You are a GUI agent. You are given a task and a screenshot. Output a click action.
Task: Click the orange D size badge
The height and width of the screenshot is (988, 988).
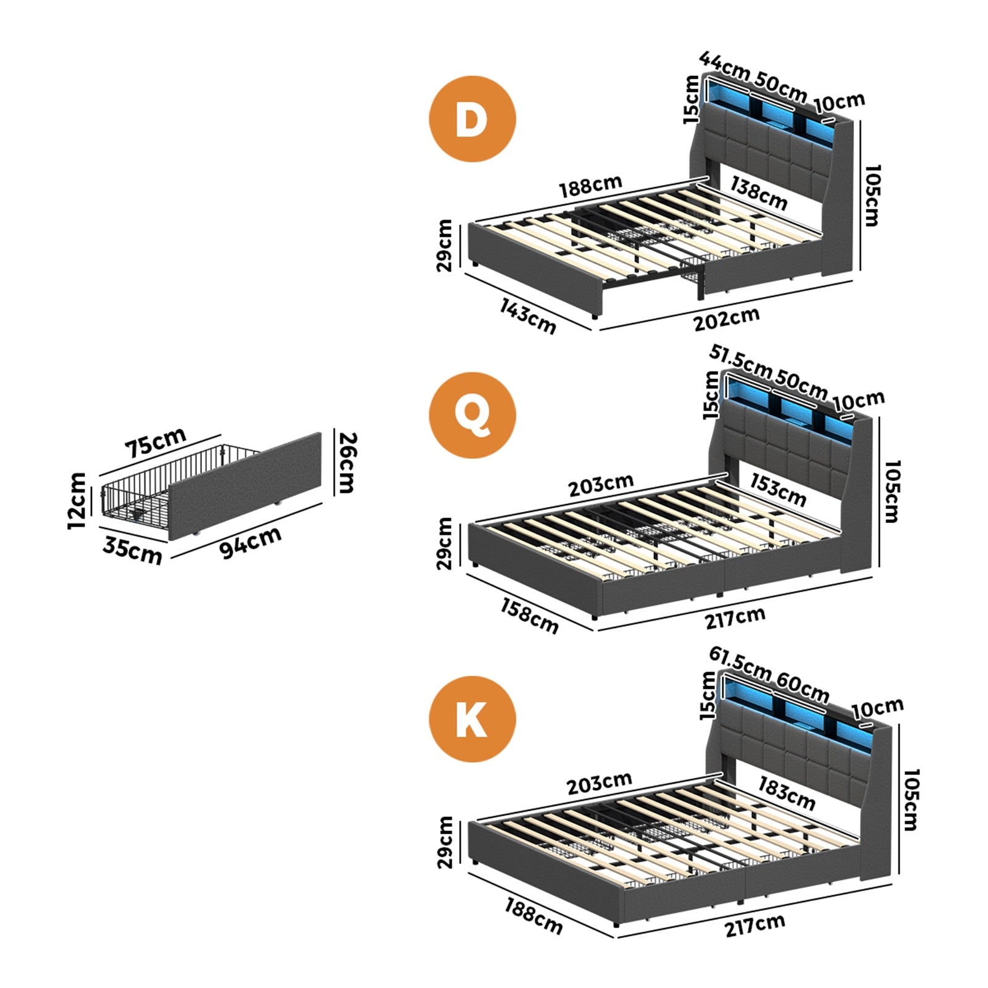(x=472, y=119)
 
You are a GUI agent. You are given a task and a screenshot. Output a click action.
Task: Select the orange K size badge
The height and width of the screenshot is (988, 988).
(x=472, y=719)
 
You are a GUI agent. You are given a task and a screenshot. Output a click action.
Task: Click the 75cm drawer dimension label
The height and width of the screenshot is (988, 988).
(x=156, y=442)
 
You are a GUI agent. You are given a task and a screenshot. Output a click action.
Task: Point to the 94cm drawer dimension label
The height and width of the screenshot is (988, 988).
(x=251, y=542)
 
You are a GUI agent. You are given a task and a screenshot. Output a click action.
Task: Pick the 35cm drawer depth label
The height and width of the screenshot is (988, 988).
(x=132, y=551)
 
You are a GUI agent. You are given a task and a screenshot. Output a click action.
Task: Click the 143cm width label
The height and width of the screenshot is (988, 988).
(x=528, y=316)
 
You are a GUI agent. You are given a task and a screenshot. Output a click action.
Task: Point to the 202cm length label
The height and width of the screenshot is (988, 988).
(x=726, y=319)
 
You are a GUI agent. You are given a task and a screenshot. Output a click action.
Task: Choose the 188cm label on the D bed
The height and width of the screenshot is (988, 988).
(x=591, y=186)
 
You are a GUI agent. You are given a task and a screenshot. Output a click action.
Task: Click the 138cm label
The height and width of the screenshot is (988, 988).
(x=759, y=193)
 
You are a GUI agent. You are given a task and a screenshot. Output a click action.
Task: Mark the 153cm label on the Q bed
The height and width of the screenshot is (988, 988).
(x=778, y=490)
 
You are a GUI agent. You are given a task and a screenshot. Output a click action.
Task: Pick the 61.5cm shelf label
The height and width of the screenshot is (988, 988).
(x=740, y=663)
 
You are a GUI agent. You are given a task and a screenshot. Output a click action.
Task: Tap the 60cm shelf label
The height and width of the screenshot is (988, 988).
(x=802, y=687)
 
